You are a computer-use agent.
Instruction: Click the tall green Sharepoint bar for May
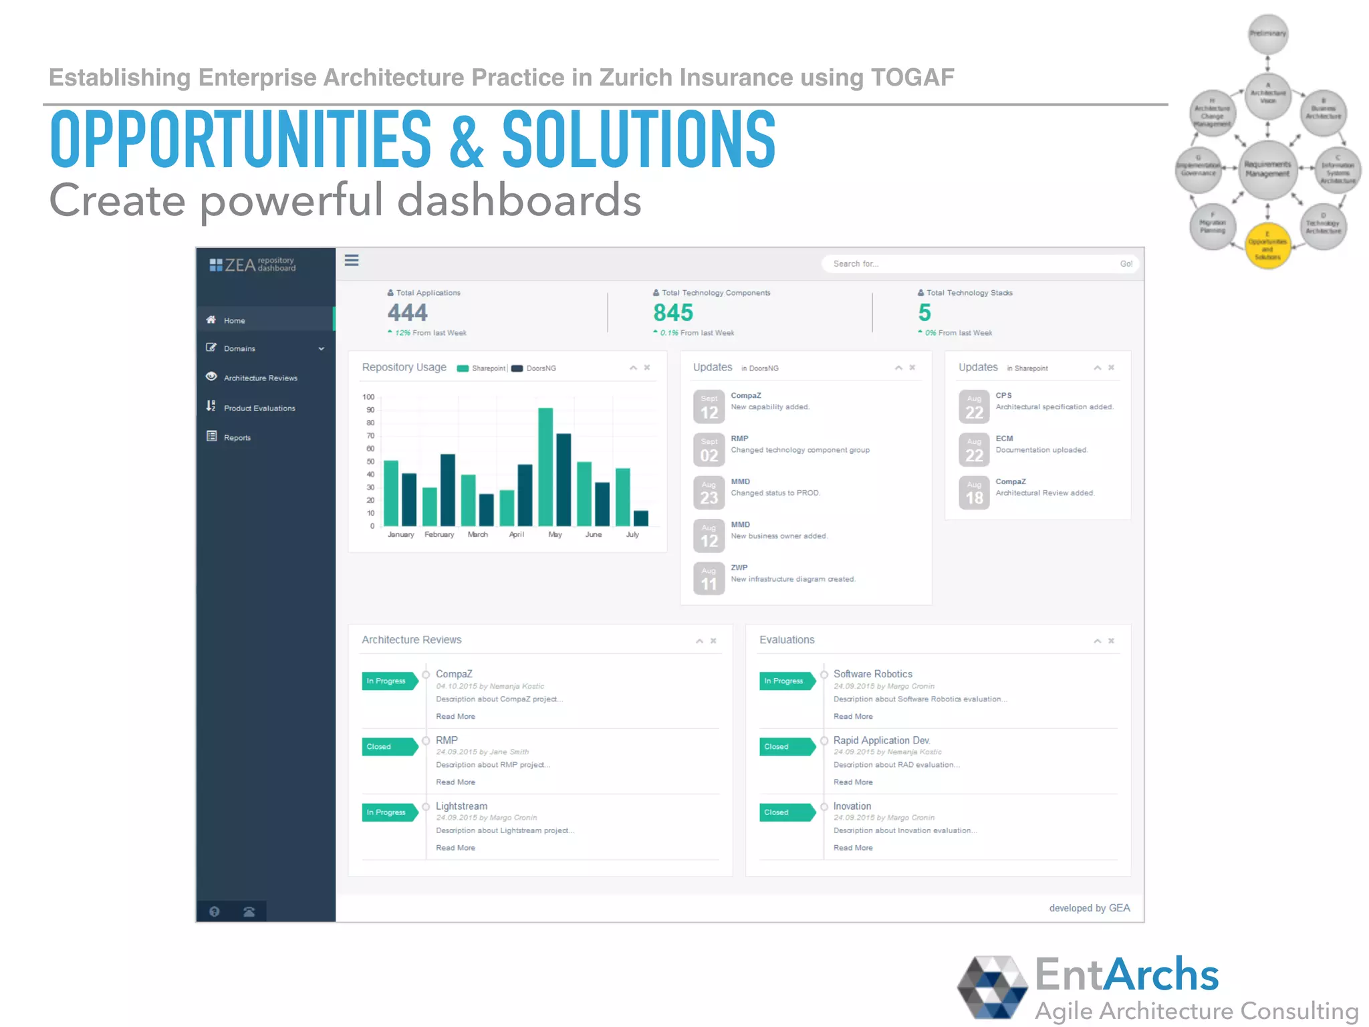click(545, 467)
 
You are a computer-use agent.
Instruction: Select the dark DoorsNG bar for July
click(640, 518)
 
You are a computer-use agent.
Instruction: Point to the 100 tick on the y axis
click(368, 397)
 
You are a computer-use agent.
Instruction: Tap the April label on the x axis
click(516, 534)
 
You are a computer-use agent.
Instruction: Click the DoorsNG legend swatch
click(517, 368)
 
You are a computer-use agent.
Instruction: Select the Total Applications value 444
click(407, 312)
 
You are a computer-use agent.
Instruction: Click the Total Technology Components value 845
click(672, 312)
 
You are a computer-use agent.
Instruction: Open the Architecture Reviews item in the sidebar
click(260, 378)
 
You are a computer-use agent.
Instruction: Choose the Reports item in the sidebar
click(237, 437)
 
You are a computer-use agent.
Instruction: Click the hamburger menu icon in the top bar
click(352, 260)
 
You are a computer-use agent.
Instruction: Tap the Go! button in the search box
click(1126, 263)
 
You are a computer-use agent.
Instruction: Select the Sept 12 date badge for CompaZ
click(709, 407)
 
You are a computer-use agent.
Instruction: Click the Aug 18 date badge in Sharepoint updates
click(974, 493)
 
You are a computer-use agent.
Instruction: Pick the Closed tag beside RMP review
click(388, 746)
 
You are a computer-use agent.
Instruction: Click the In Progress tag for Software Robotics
click(785, 681)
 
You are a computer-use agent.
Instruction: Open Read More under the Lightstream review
click(455, 848)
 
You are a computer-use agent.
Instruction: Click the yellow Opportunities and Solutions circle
click(1267, 246)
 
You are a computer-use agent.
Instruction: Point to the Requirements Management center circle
click(1267, 169)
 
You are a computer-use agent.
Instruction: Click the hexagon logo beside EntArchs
click(992, 987)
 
